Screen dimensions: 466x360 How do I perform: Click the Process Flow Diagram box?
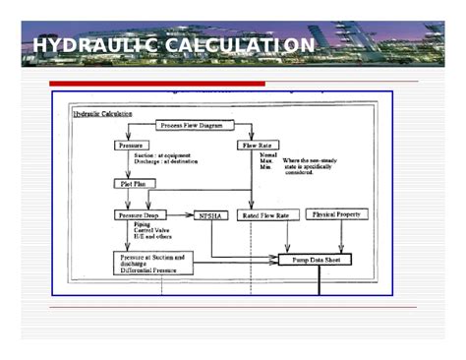point(197,126)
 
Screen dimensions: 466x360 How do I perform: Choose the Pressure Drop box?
point(141,214)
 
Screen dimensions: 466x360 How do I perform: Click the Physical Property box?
point(340,213)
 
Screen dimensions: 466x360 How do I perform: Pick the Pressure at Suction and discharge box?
point(151,262)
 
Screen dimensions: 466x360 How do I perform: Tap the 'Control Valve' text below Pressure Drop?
point(153,231)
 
